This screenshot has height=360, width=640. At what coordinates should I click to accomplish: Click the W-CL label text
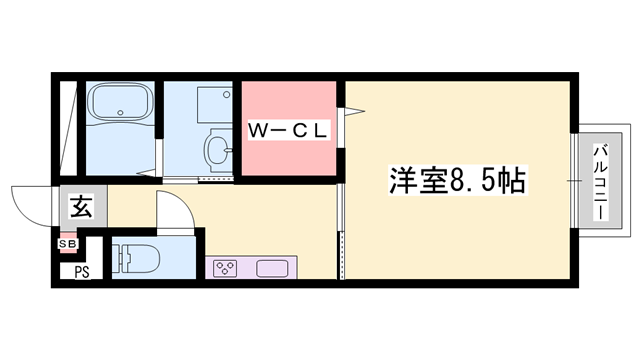point(289,130)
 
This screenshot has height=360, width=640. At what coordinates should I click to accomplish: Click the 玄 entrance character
point(81,208)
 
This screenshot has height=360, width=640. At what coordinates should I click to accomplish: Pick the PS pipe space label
point(81,269)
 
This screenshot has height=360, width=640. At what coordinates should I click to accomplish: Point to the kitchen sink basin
point(272,268)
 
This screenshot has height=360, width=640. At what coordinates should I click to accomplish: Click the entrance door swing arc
point(30,200)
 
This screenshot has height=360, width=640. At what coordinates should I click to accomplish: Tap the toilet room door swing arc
point(170,210)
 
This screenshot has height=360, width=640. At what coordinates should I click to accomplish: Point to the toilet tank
point(121,258)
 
